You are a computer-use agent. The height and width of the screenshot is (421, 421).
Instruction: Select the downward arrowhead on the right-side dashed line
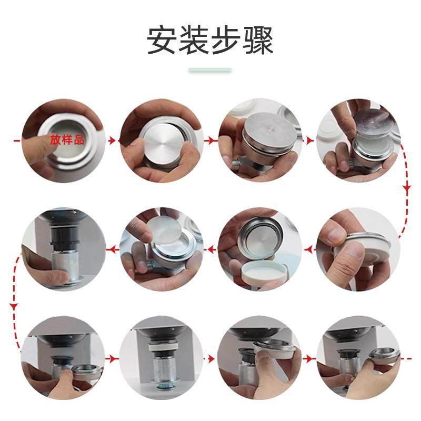coord(406,188)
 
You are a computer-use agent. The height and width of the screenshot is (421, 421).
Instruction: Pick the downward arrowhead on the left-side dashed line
coord(14,305)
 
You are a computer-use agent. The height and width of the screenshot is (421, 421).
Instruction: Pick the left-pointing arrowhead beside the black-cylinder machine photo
coord(109,248)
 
